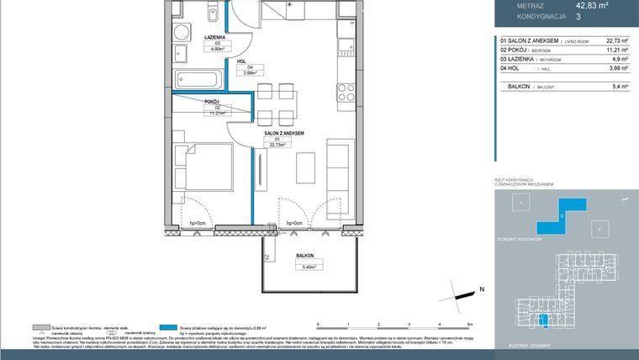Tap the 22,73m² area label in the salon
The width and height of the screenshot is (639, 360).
(277, 144)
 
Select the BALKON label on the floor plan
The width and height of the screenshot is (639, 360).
(304, 256)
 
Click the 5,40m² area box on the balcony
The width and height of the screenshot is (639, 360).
(304, 267)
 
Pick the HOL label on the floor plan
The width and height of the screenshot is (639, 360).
(240, 61)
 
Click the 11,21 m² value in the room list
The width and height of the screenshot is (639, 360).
(616, 50)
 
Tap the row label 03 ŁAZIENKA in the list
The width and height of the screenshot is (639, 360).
(525, 61)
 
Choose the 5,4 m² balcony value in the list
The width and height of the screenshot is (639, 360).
(619, 86)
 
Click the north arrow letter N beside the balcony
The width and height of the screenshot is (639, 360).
(482, 290)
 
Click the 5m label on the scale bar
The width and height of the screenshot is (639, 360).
(471, 324)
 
